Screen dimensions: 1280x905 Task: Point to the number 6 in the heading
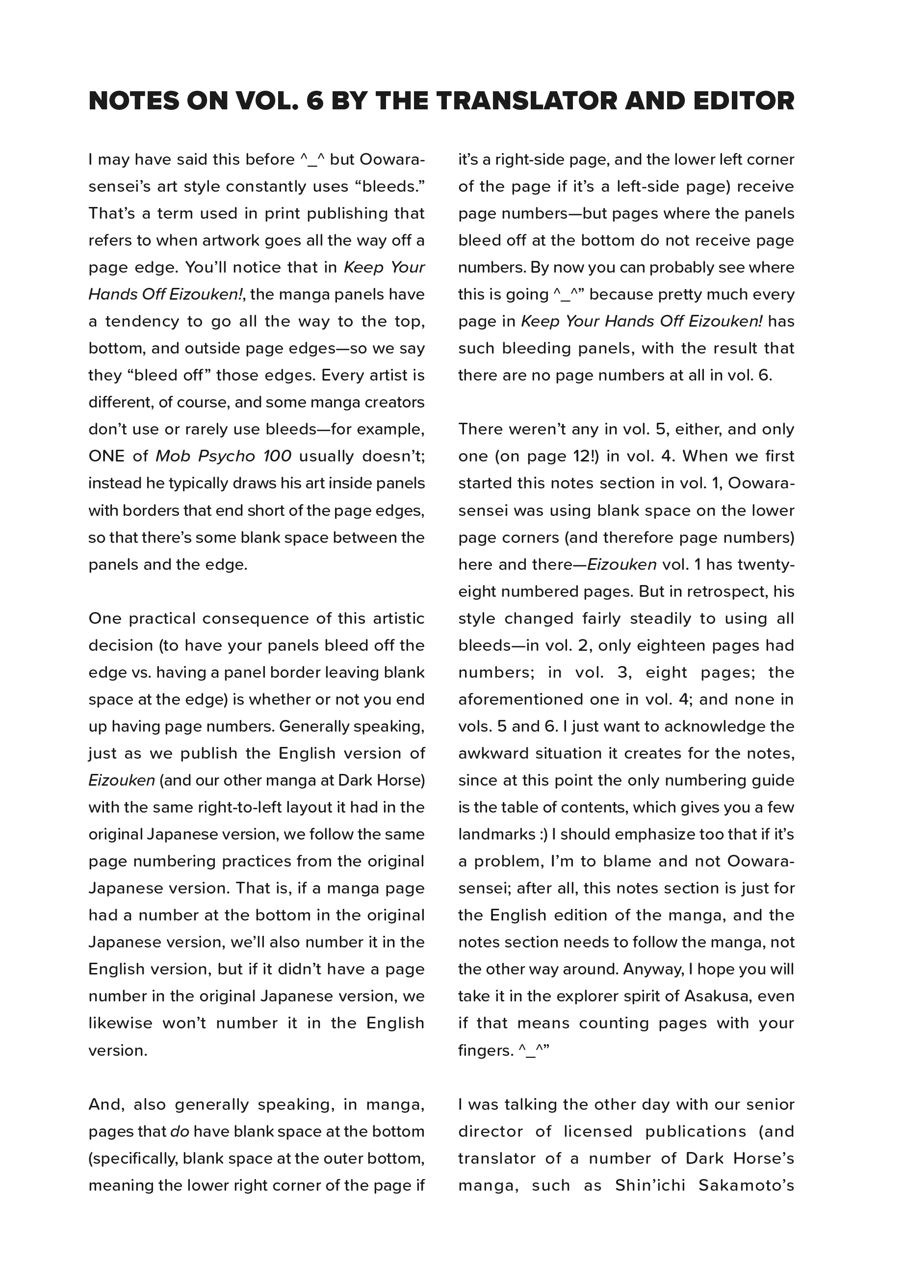315,101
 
